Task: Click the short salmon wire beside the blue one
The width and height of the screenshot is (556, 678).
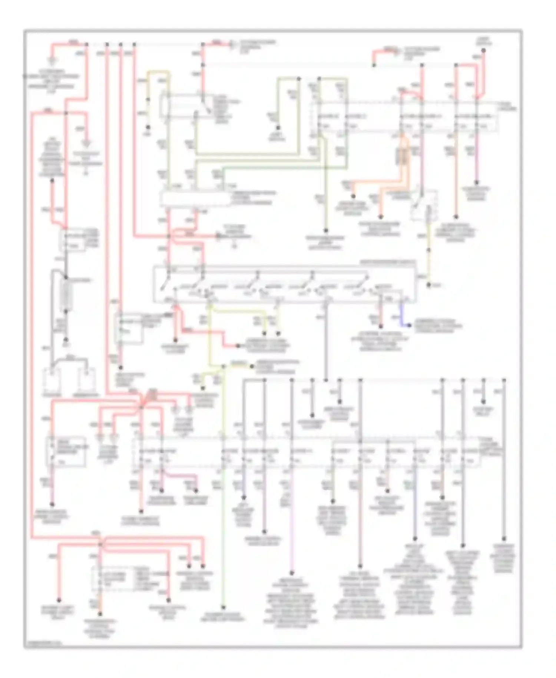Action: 380,315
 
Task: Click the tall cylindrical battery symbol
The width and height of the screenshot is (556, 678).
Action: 66,295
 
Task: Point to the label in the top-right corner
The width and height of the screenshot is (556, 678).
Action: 483,40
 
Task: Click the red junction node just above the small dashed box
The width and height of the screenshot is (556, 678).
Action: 100,544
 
